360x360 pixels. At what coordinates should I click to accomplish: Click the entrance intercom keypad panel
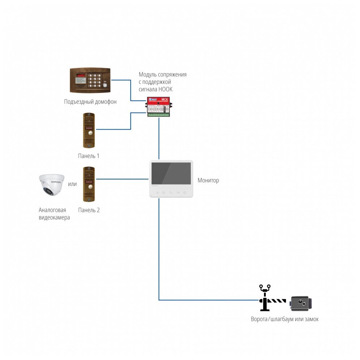tap(90, 80)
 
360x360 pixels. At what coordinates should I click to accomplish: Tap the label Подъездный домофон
tap(90, 102)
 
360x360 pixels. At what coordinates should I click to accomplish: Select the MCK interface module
tap(159, 107)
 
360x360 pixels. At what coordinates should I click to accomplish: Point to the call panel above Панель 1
tap(89, 130)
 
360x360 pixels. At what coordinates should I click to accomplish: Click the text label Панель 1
tap(88, 156)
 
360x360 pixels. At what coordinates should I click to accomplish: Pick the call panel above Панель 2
tap(89, 184)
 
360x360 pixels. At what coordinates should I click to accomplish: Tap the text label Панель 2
tap(89, 210)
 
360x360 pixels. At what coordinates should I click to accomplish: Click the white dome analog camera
tap(52, 185)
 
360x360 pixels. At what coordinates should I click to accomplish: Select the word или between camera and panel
tap(73, 184)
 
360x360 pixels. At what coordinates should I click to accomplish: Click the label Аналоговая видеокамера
tap(54, 214)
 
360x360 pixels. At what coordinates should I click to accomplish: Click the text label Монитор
tap(208, 180)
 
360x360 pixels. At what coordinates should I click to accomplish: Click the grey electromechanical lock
tap(301, 304)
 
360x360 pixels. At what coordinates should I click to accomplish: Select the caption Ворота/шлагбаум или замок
tap(285, 319)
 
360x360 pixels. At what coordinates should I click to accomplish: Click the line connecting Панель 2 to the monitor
tap(123, 179)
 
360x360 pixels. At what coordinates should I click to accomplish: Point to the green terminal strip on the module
tap(159, 114)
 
